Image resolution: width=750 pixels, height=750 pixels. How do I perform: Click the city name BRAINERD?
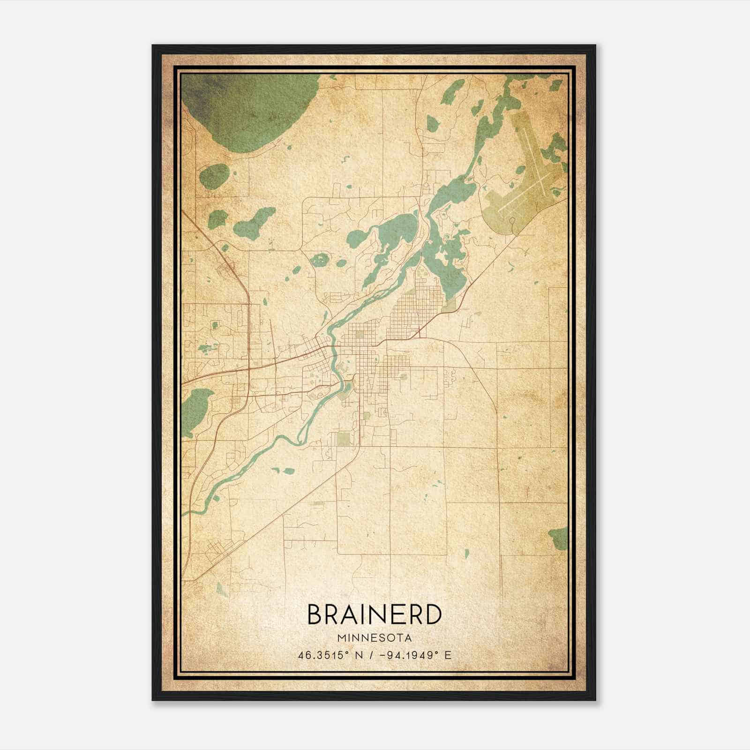(x=375, y=614)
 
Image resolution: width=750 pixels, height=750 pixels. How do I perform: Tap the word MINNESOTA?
(x=375, y=638)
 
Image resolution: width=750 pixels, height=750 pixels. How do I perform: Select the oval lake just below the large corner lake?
(x=213, y=176)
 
